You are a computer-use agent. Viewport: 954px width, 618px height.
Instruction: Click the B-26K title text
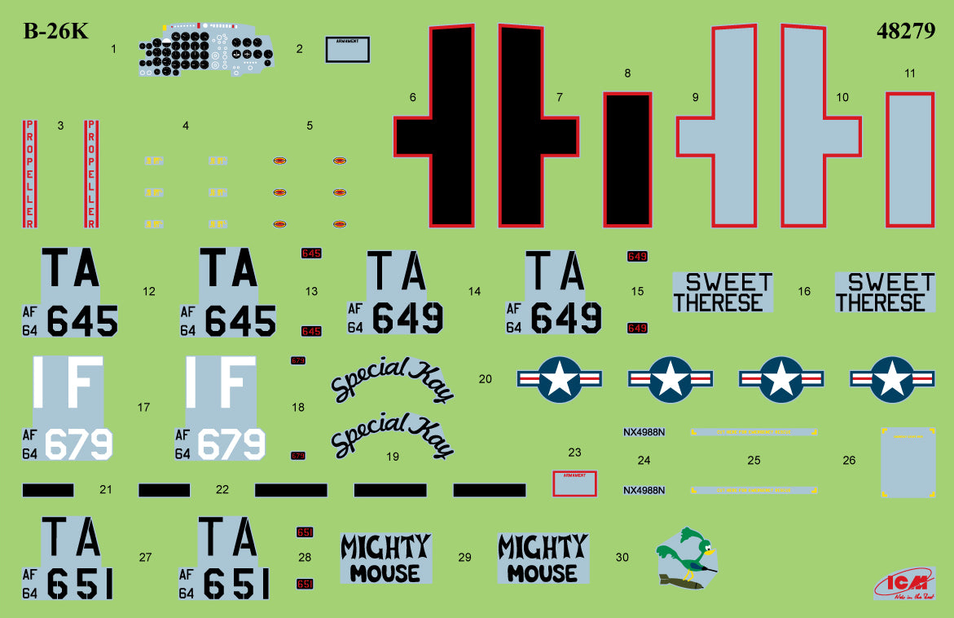[55, 32]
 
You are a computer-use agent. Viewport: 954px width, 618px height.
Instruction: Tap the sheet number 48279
[905, 32]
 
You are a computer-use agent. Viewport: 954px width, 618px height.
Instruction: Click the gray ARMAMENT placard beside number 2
[348, 50]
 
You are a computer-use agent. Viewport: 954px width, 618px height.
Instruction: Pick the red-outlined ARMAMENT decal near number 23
[574, 483]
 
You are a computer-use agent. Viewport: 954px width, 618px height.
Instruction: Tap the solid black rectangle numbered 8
[626, 159]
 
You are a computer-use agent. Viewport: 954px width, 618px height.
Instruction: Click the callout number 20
[486, 379]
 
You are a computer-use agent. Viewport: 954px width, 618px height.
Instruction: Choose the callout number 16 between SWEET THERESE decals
[804, 291]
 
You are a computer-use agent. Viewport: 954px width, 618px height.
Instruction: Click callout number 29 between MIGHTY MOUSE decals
[464, 558]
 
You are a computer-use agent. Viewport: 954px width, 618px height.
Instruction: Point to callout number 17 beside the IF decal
[144, 407]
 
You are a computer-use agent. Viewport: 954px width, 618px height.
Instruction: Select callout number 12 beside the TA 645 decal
[148, 291]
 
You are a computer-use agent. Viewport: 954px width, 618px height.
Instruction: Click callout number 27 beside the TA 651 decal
[145, 558]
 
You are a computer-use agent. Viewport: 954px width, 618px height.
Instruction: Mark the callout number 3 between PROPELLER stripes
[60, 126]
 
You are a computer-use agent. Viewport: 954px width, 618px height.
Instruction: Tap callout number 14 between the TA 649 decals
[474, 291]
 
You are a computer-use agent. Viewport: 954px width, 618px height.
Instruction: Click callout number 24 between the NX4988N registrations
[644, 461]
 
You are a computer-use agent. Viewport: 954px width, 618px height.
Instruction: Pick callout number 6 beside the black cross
[412, 98]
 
